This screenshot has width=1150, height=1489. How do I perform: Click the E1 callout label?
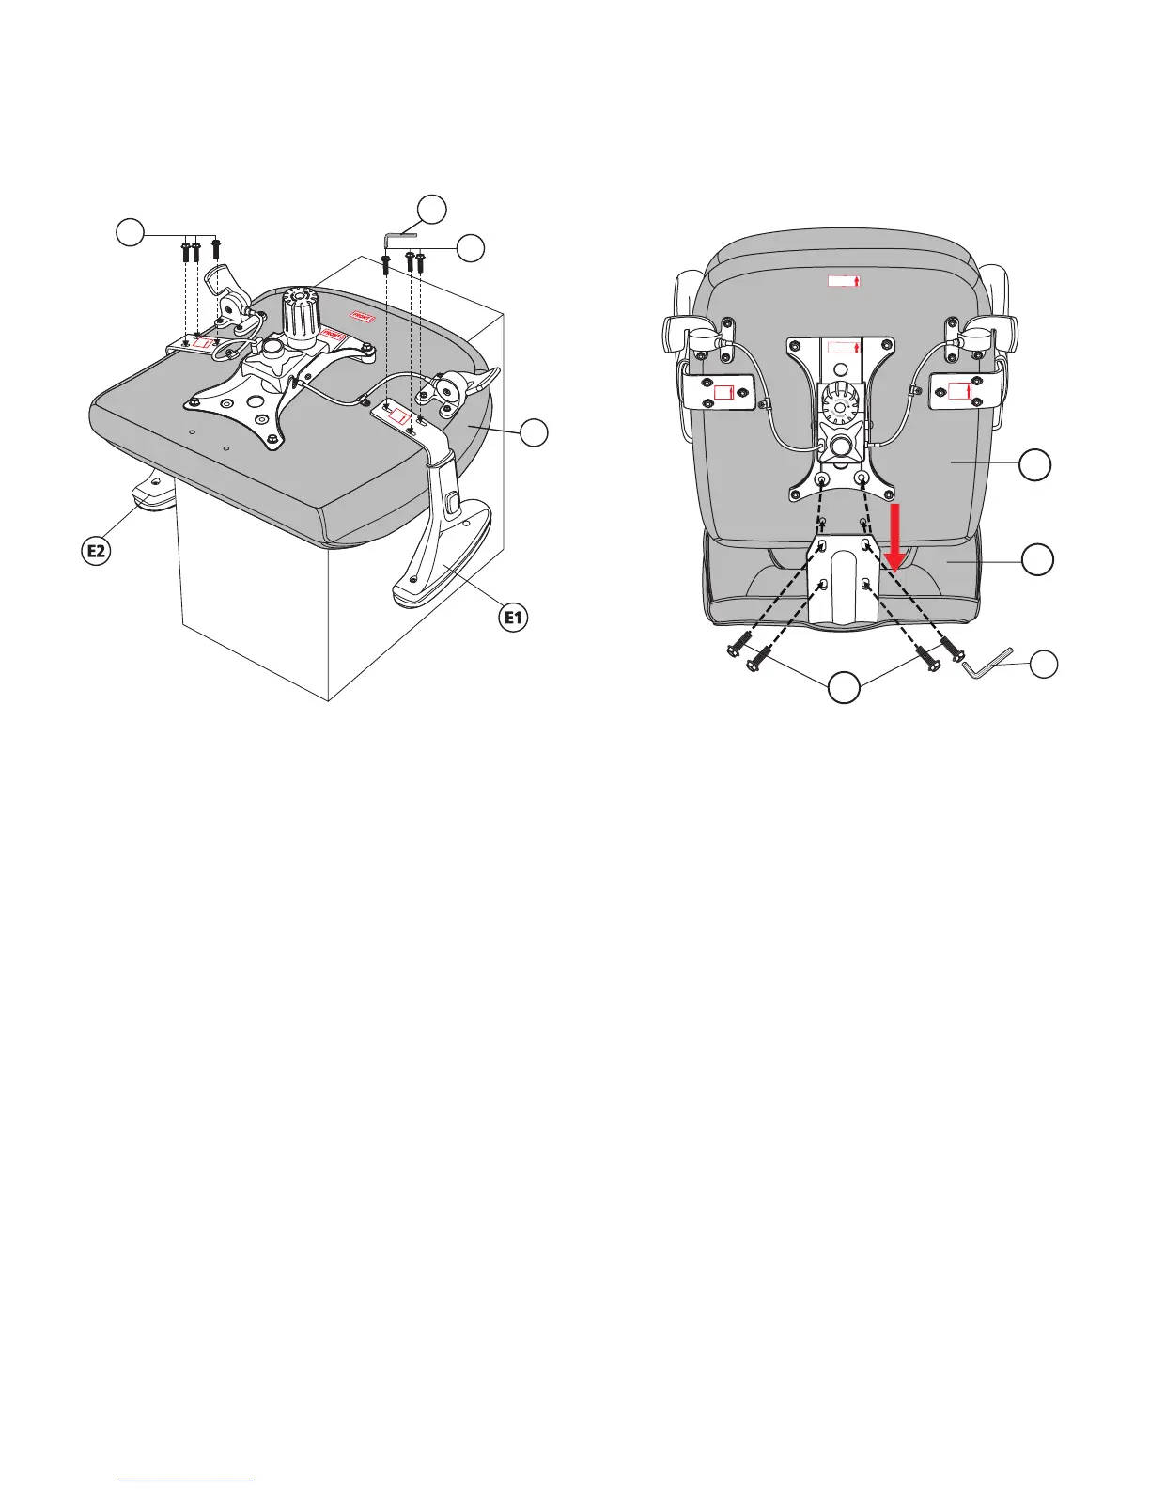tap(514, 618)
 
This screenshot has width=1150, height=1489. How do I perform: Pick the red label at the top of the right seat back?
tap(843, 280)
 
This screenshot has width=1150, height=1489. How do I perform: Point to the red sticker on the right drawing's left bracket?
tap(724, 392)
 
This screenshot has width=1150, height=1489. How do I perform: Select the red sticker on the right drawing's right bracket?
tap(960, 391)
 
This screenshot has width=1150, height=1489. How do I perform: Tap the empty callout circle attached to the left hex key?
tap(431, 209)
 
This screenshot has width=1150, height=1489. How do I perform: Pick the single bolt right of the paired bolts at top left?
tap(216, 248)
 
